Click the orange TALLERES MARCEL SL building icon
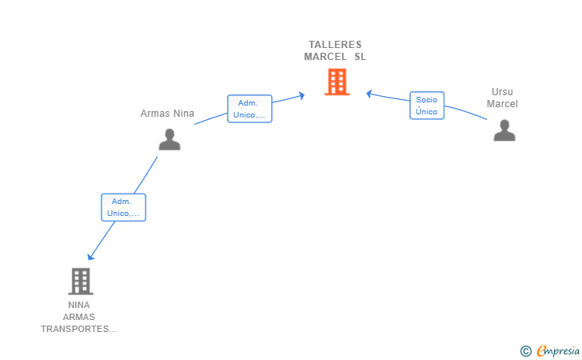click(337, 82)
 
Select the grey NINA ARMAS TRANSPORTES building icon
click(80, 281)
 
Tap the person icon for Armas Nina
click(169, 139)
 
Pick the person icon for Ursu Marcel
click(504, 130)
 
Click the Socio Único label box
click(427, 106)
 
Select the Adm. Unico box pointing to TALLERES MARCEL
click(249, 109)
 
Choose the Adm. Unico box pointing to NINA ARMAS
click(123, 207)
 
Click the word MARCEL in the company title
click(325, 57)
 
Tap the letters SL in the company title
click(360, 57)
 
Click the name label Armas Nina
click(167, 114)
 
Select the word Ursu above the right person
click(503, 92)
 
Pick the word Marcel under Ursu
click(503, 104)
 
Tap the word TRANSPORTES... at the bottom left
click(79, 329)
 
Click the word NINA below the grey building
click(79, 305)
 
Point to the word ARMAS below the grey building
click(79, 317)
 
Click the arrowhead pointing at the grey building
click(90, 257)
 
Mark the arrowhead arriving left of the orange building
click(302, 96)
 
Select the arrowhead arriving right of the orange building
click(369, 94)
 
